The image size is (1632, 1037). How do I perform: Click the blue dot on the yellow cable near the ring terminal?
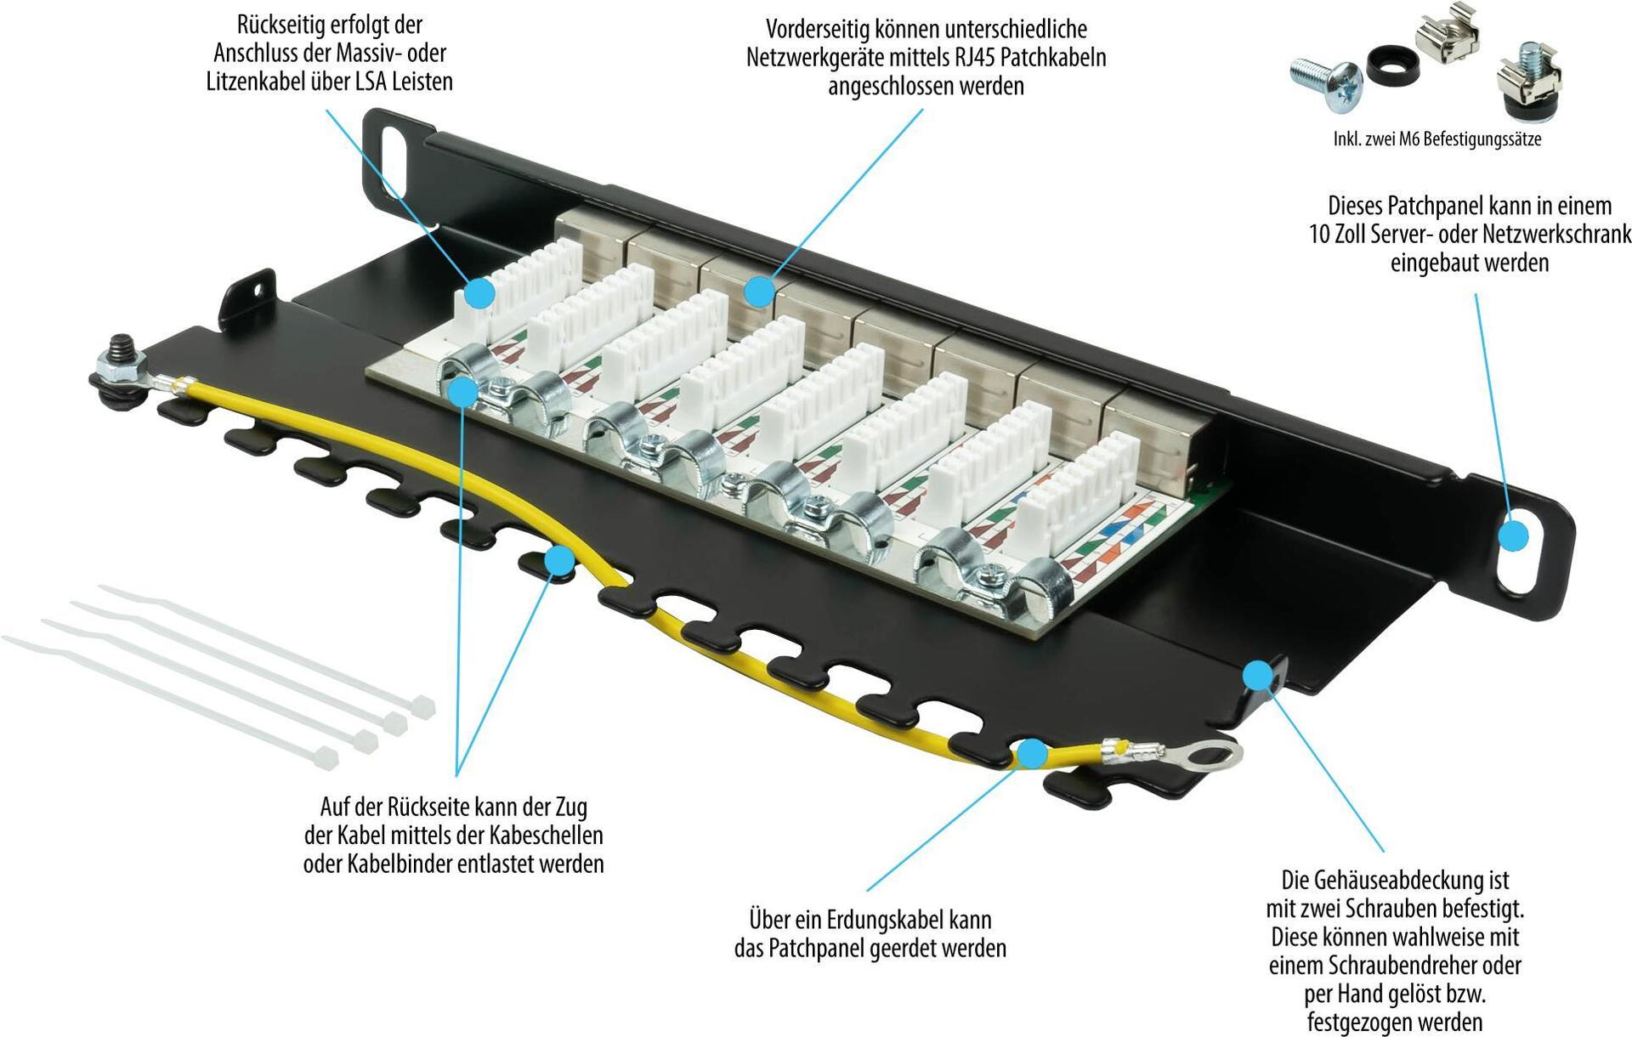point(1032,753)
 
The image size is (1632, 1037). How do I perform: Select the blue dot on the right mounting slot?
point(1513,536)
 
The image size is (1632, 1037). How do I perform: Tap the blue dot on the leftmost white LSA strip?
point(480,292)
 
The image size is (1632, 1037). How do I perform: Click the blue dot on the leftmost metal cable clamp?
point(463,392)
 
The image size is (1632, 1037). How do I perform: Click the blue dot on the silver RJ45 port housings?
point(759,292)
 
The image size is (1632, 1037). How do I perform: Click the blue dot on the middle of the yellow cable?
point(559,561)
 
